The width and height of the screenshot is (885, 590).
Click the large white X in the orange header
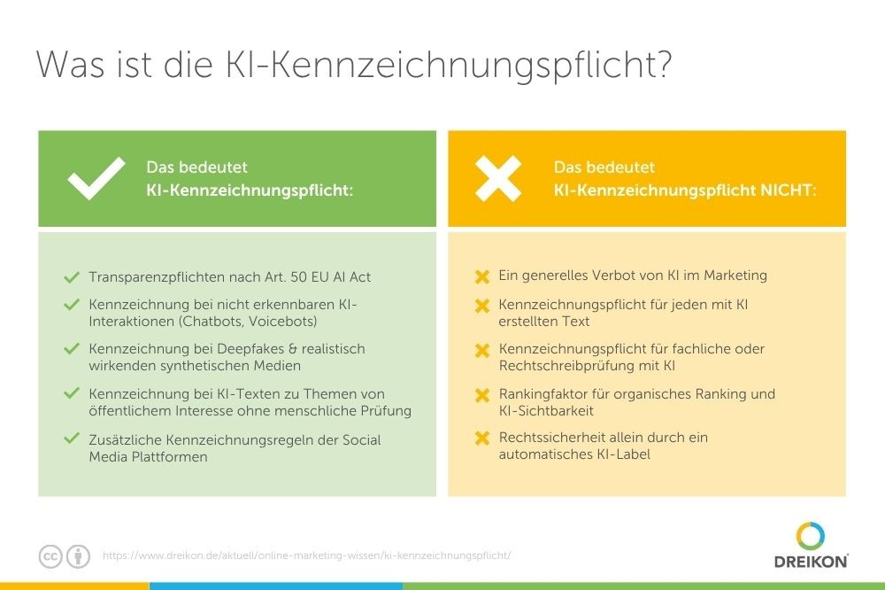click(x=497, y=179)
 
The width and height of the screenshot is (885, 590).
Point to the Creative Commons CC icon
click(x=50, y=556)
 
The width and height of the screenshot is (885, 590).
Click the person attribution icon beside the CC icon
click(x=79, y=556)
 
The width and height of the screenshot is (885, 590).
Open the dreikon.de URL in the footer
click(x=306, y=555)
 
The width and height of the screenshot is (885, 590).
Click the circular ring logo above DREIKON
click(x=811, y=536)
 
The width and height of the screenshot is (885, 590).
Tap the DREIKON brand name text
click(x=811, y=561)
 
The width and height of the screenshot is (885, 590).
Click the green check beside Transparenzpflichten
click(x=72, y=277)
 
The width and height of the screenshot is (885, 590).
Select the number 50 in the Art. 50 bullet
click(x=298, y=277)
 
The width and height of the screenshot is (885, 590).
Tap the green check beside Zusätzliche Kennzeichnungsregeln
click(x=72, y=438)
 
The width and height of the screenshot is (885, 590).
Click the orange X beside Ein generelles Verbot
click(x=482, y=276)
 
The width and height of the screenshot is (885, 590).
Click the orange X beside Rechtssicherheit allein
click(x=482, y=438)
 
